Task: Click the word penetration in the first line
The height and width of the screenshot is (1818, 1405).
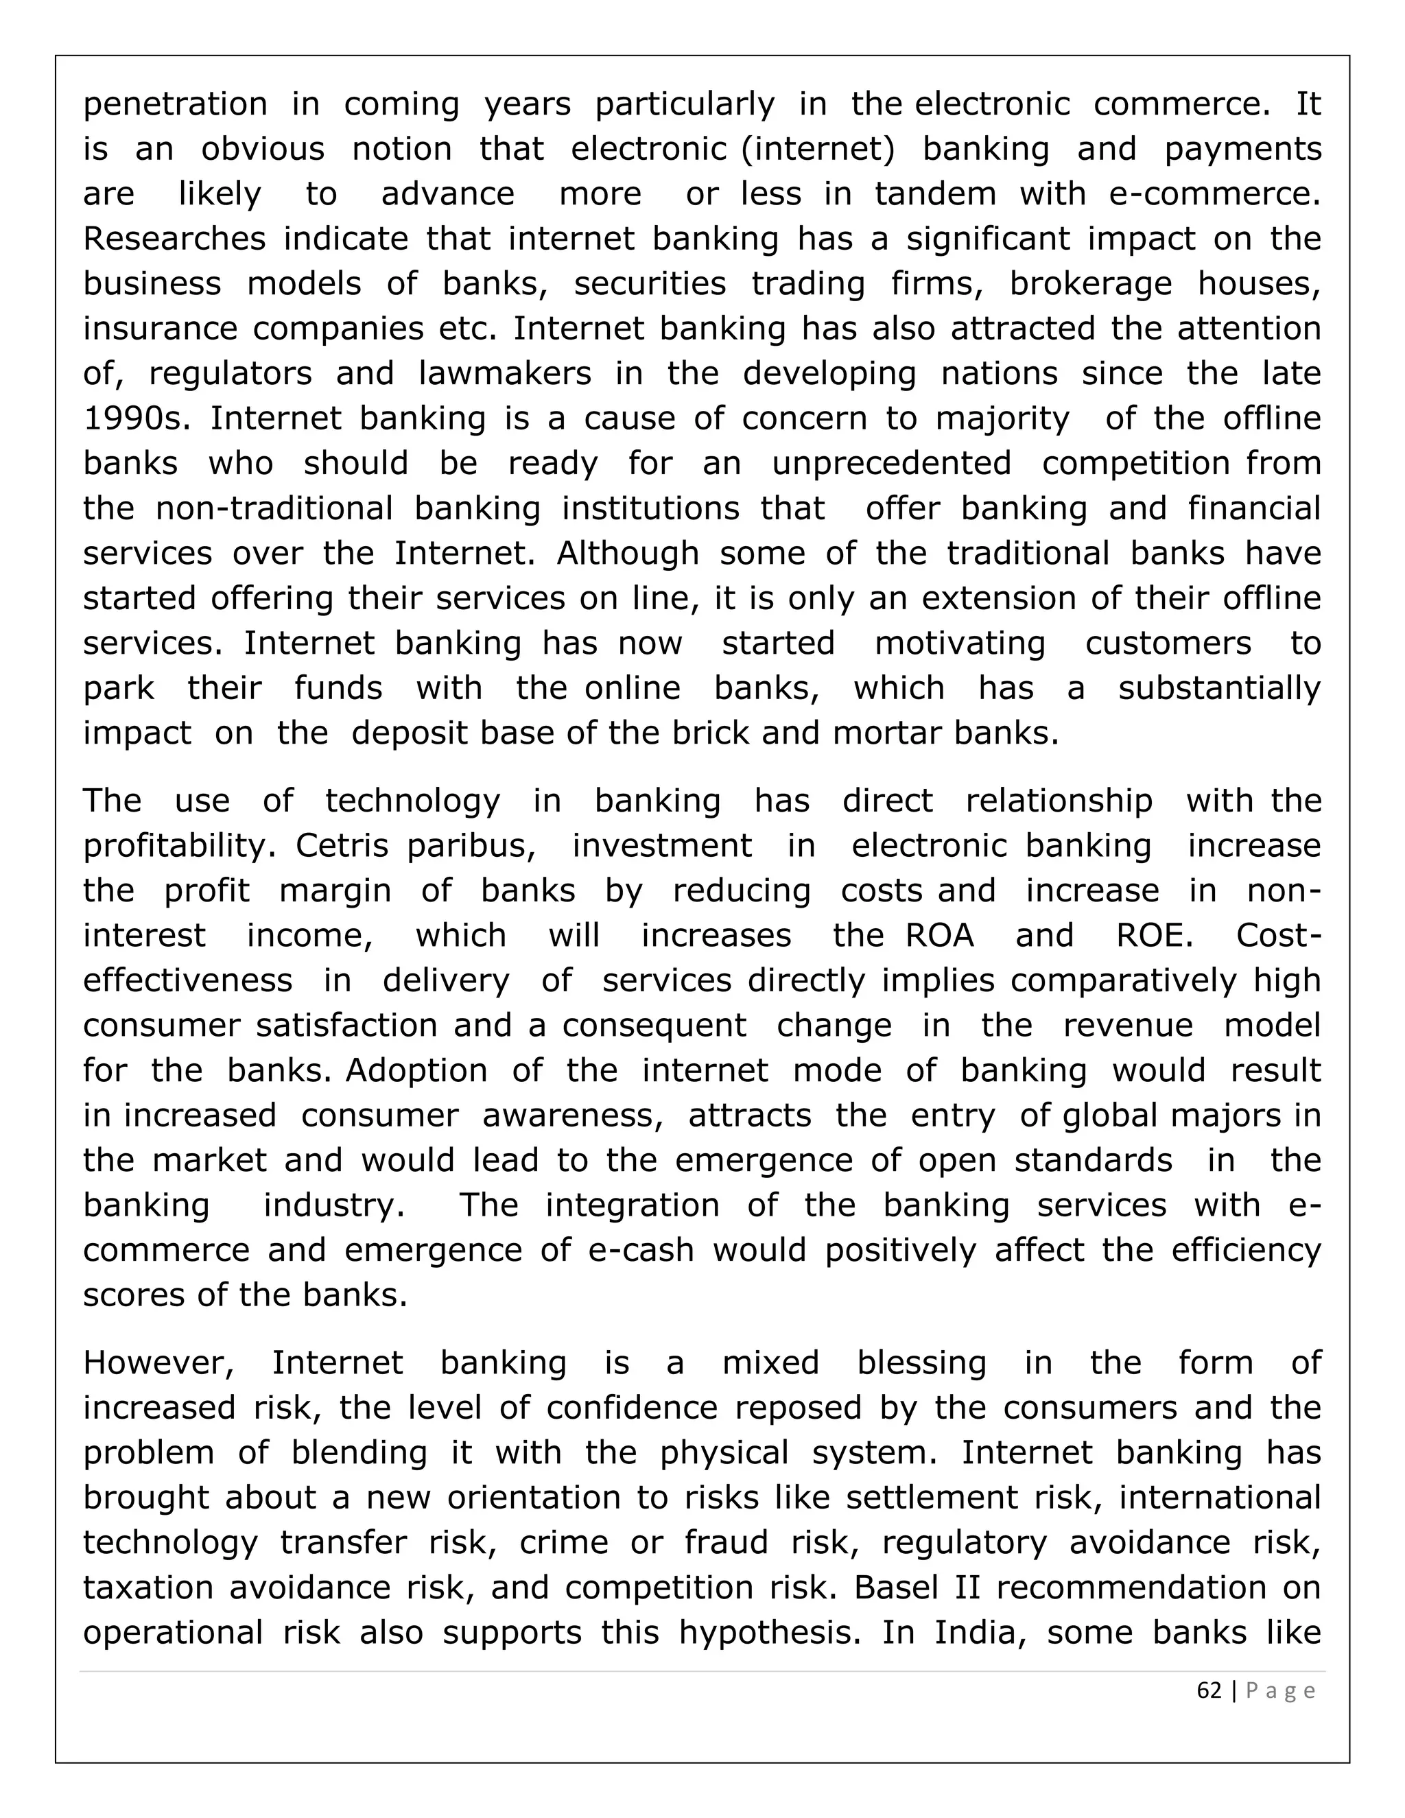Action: tap(175, 105)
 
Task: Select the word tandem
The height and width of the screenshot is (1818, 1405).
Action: tap(935, 195)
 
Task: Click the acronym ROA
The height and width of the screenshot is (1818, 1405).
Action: tap(940, 936)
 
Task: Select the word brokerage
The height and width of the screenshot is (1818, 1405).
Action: tap(1090, 285)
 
